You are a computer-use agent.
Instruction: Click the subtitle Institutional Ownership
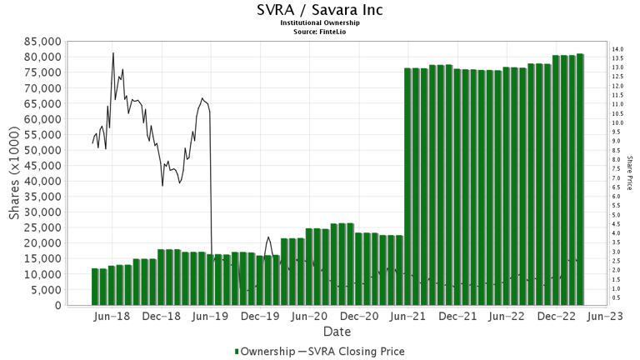(x=319, y=23)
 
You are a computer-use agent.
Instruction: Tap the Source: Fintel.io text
(x=319, y=32)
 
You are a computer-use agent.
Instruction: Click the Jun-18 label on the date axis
(x=112, y=317)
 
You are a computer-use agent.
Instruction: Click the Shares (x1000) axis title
(x=15, y=173)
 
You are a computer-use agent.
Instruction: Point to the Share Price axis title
(x=629, y=173)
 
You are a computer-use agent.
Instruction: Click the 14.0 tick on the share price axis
(x=617, y=50)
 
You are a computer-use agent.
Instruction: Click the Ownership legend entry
(x=264, y=351)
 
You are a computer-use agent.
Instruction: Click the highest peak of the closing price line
(x=113, y=53)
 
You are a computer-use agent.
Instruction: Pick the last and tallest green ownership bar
(x=580, y=179)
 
